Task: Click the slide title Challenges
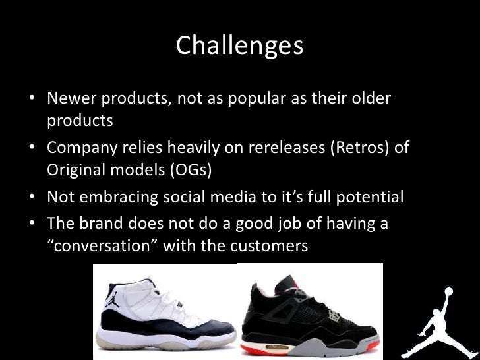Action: [x=239, y=46]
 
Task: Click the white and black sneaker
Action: [x=165, y=313]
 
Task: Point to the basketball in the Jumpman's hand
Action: [x=450, y=289]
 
